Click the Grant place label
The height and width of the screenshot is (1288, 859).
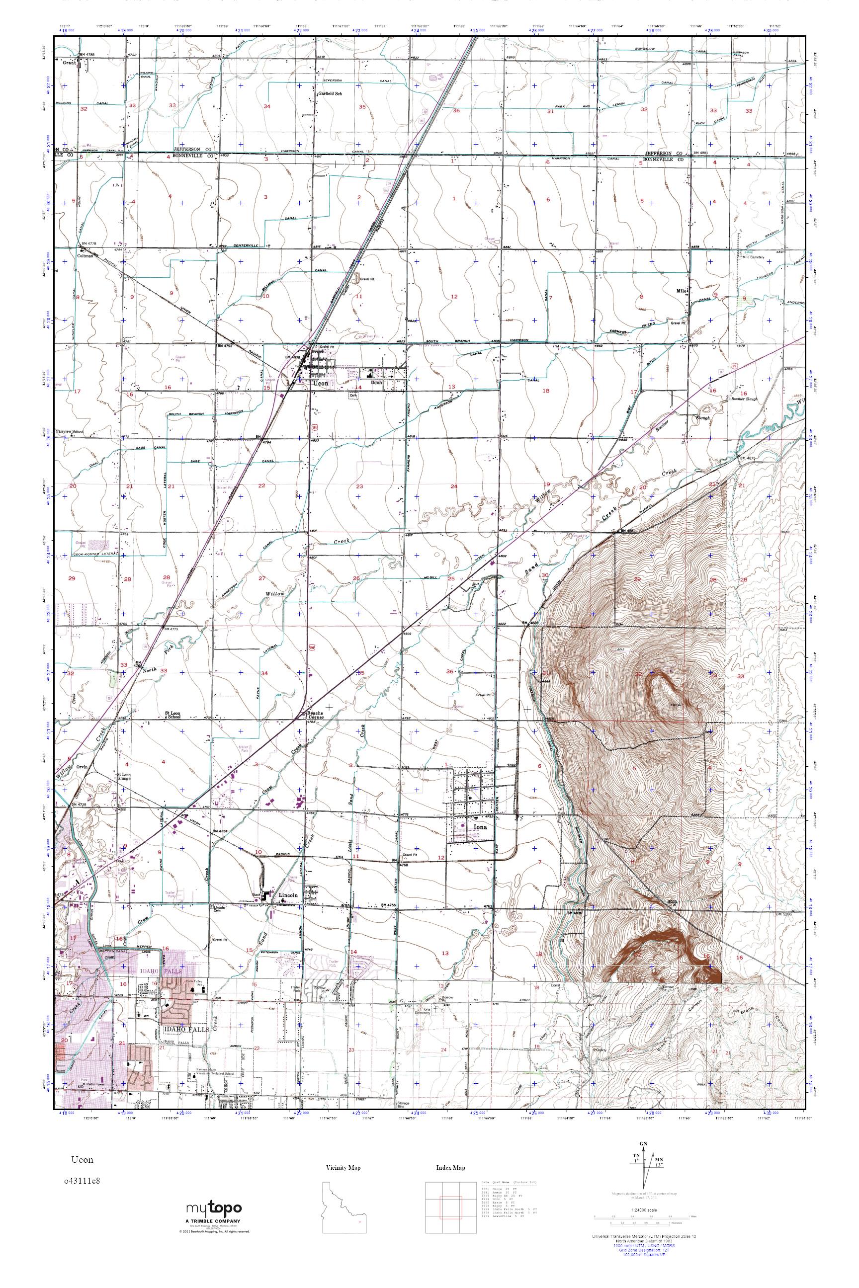[68, 63]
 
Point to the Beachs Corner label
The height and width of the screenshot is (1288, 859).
[313, 716]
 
